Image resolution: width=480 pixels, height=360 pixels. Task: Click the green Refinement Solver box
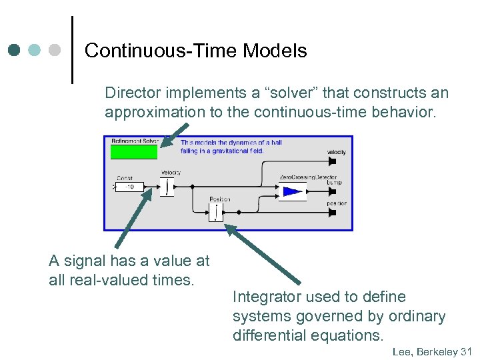point(133,152)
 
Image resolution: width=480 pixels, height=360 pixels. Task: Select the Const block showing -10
point(129,187)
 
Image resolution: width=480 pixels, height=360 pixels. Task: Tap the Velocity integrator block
point(167,187)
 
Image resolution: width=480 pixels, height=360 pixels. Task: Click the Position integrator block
point(215,212)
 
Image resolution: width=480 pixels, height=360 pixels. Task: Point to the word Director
point(129,93)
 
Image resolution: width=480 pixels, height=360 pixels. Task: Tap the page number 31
point(466,351)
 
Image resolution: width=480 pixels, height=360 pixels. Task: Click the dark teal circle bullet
point(15,50)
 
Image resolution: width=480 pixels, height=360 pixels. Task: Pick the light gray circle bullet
point(55,50)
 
